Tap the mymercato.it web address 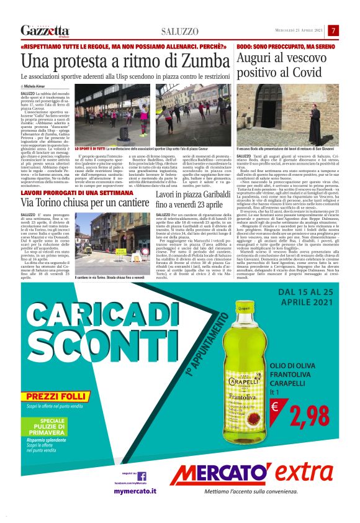pyautogui.click(x=135, y=491)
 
